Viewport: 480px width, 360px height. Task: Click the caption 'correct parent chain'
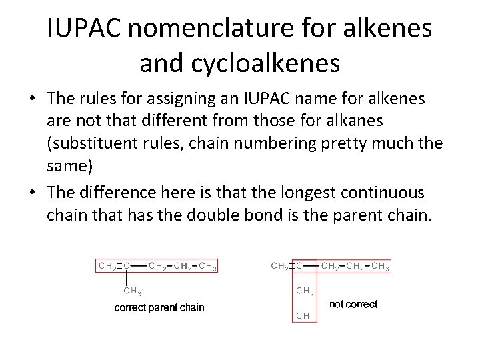tap(159, 307)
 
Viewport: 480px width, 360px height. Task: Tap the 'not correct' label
tap(353, 304)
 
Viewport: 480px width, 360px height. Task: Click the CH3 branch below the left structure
tap(132, 291)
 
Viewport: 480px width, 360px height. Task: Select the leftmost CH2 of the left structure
tap(107, 266)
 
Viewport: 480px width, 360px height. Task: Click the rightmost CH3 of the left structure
tap(207, 266)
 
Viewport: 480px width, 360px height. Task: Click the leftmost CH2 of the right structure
tap(281, 266)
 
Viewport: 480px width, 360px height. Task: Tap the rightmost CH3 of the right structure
tap(381, 266)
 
